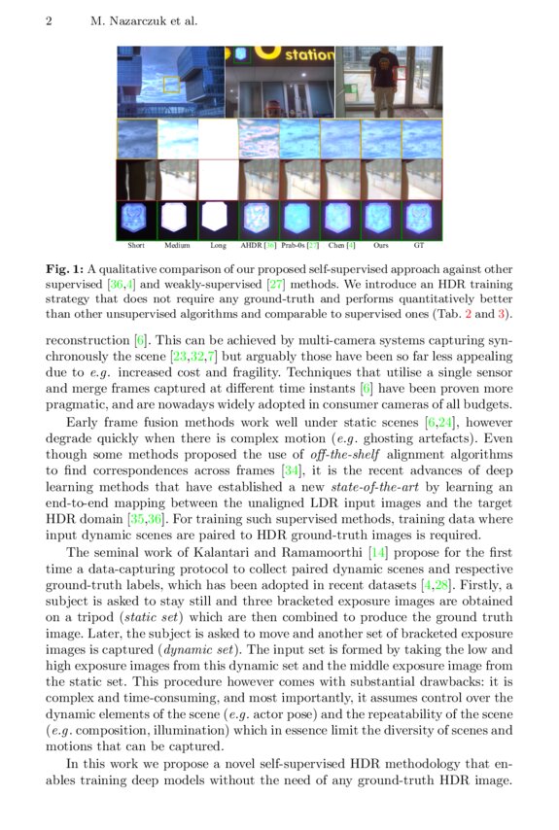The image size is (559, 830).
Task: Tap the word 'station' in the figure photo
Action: tap(308, 56)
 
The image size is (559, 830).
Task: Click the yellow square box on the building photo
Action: tap(173, 85)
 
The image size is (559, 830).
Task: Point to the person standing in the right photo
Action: tap(386, 83)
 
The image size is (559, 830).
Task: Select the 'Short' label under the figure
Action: tap(136, 247)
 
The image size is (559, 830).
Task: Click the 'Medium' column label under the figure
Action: tap(177, 247)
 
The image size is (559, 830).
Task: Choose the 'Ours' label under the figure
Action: tap(381, 247)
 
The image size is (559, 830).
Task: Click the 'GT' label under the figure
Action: tap(419, 247)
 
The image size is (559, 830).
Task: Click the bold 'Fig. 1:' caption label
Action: tap(64, 267)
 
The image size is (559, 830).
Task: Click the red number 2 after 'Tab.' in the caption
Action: tap(475, 314)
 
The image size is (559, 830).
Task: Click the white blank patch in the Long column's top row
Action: tap(218, 138)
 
